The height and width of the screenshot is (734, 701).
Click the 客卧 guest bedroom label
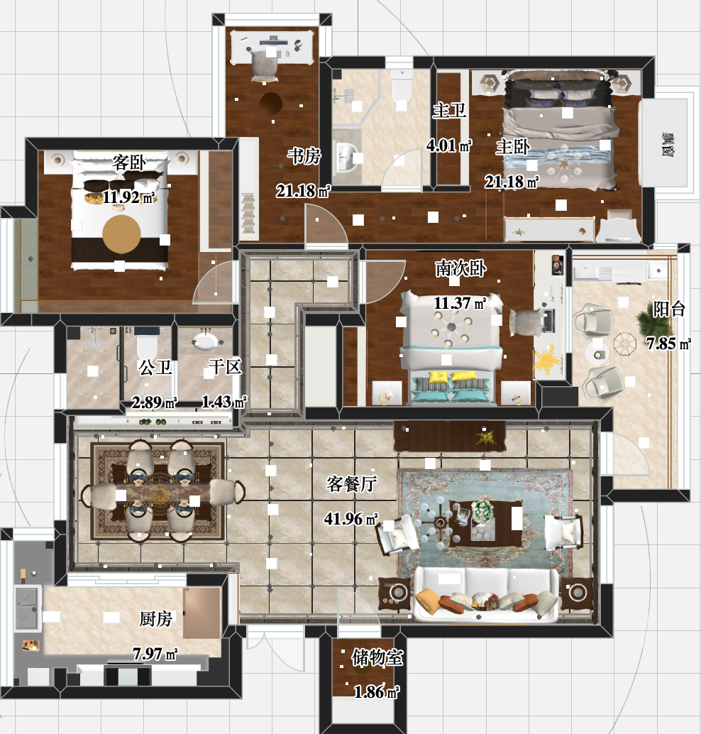(x=128, y=163)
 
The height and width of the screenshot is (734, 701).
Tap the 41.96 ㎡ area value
(x=351, y=518)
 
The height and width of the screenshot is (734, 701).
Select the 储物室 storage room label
(x=377, y=657)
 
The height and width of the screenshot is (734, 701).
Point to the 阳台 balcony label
(x=669, y=309)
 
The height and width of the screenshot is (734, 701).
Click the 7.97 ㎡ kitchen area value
(x=155, y=653)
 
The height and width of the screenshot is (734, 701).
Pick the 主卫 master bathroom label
(x=449, y=111)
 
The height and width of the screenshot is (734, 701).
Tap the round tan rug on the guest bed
(x=121, y=234)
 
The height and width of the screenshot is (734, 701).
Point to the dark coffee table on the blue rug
(x=486, y=523)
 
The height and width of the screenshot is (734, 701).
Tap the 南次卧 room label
(x=460, y=268)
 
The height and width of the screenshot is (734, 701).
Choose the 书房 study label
(x=304, y=156)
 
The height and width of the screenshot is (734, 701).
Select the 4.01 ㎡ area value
(x=448, y=146)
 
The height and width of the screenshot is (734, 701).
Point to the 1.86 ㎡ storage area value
(x=376, y=691)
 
